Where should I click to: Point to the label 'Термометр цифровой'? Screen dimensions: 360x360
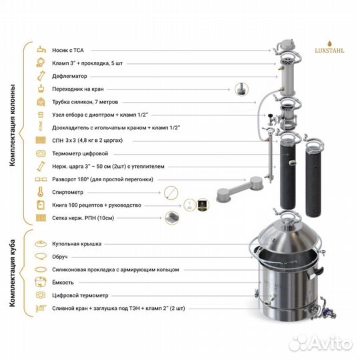[77, 153]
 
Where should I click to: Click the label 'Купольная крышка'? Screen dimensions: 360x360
[77, 244]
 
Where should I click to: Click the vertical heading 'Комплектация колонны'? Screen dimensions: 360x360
[13, 133]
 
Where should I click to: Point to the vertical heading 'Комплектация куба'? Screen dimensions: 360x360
[13, 273]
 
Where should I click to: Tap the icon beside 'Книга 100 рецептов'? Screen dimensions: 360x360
[39, 205]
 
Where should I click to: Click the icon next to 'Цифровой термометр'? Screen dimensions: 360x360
[39, 295]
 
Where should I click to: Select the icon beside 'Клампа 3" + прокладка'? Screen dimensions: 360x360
[39, 63]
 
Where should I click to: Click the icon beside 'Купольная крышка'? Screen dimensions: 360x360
[39, 244]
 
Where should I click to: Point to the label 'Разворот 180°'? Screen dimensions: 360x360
[94, 179]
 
